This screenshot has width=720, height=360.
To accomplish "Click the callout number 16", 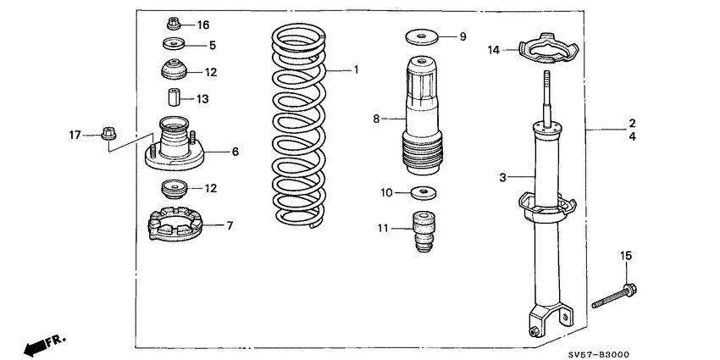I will pos(202,25).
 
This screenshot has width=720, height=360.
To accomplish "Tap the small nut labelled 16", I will pos(173,23).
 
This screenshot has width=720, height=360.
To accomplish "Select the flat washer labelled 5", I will pos(174,45).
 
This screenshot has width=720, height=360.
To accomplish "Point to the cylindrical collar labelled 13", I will pos(173,99).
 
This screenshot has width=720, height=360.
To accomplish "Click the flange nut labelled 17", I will pos(107,134).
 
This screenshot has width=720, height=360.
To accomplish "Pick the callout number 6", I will pos(235,152).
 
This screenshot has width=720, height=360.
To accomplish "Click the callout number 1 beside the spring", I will pos(357,69).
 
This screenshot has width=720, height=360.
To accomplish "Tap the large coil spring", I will pos(299,127).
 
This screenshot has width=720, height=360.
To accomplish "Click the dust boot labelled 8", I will pos(420,119).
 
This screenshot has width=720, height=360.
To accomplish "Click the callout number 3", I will pos(502,177).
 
